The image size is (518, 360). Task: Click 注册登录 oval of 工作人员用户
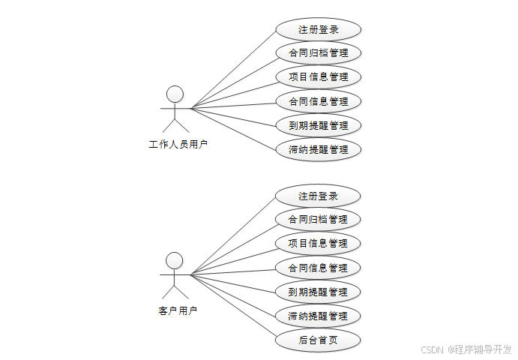pyautogui.click(x=319, y=30)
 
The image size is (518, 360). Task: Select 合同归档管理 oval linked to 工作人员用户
pyautogui.click(x=319, y=53)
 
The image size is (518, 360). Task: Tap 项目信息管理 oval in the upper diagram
pyautogui.click(x=319, y=77)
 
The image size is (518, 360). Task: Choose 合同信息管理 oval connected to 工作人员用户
pyautogui.click(x=319, y=101)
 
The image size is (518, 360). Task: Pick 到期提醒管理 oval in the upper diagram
pyautogui.click(x=319, y=125)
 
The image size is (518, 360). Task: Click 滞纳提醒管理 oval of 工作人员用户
pyautogui.click(x=319, y=149)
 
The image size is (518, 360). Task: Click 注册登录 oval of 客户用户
pyautogui.click(x=318, y=196)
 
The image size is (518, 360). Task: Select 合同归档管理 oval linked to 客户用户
pyautogui.click(x=318, y=220)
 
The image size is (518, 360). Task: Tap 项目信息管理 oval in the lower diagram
pyautogui.click(x=318, y=244)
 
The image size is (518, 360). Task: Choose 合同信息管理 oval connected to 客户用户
pyautogui.click(x=318, y=268)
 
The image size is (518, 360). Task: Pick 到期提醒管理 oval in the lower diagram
pyautogui.click(x=318, y=292)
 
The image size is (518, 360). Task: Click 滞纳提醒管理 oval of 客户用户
pyautogui.click(x=318, y=316)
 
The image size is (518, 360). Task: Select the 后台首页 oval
pyautogui.click(x=318, y=340)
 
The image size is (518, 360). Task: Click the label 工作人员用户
pyautogui.click(x=178, y=145)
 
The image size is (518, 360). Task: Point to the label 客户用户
pyautogui.click(x=178, y=310)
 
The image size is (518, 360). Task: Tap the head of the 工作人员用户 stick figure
pyautogui.click(x=175, y=94)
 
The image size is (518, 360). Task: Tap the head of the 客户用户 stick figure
pyautogui.click(x=174, y=260)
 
